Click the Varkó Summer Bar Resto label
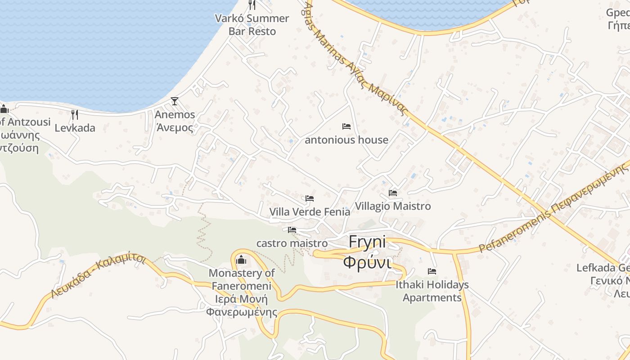click(252, 25)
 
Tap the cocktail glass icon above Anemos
click(175, 101)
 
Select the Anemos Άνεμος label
click(175, 121)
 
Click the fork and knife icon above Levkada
click(75, 115)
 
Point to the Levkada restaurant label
click(75, 128)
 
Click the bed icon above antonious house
click(346, 126)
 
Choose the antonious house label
click(346, 140)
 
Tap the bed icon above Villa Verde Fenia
click(310, 198)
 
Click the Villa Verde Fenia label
click(310, 211)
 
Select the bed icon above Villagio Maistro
click(393, 193)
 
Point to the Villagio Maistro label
click(393, 206)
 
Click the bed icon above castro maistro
click(292, 230)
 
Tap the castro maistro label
click(292, 243)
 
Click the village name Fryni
click(368, 242)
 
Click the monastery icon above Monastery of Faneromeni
click(241, 260)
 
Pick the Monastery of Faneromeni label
click(241, 279)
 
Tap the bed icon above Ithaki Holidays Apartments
click(432, 271)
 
